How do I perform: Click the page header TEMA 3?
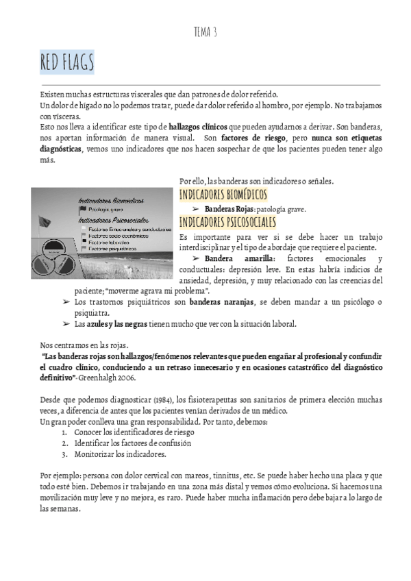coord(206,32)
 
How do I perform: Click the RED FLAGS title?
coord(66,64)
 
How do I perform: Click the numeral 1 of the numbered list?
coord(64,432)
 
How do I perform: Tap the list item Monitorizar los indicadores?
coord(119,454)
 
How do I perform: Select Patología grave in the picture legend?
coord(106,209)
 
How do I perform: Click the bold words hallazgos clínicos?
coord(199,127)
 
